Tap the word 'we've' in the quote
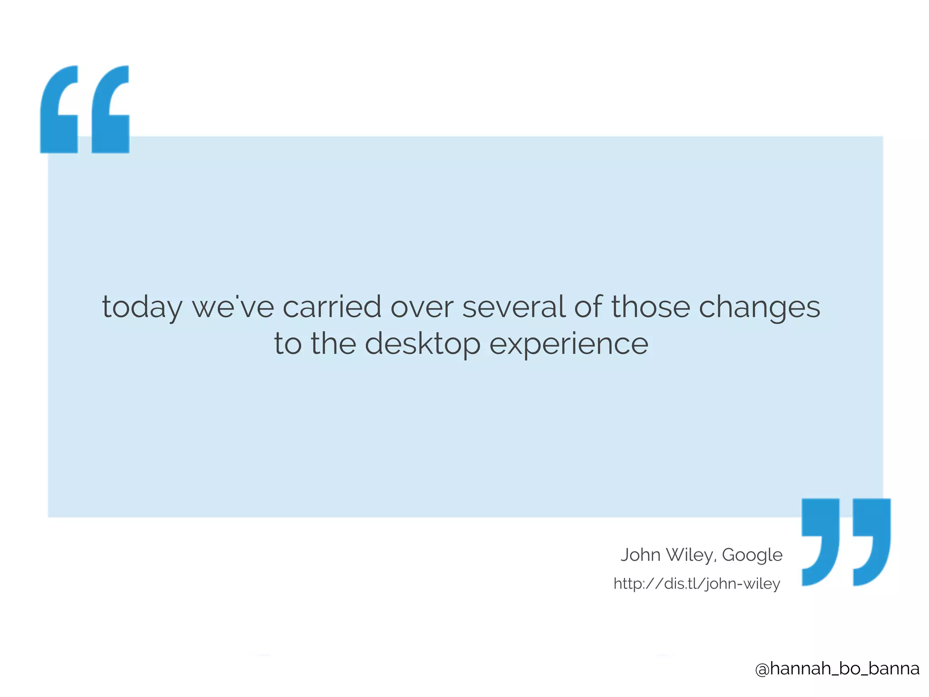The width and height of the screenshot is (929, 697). coord(233,307)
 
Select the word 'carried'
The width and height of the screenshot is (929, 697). coord(332,307)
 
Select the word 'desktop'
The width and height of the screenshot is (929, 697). coord(422,344)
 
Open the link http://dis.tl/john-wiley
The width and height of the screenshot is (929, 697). coord(697,584)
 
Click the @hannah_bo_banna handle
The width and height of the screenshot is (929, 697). coord(837,668)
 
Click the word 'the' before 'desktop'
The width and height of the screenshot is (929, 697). coord(333,344)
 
